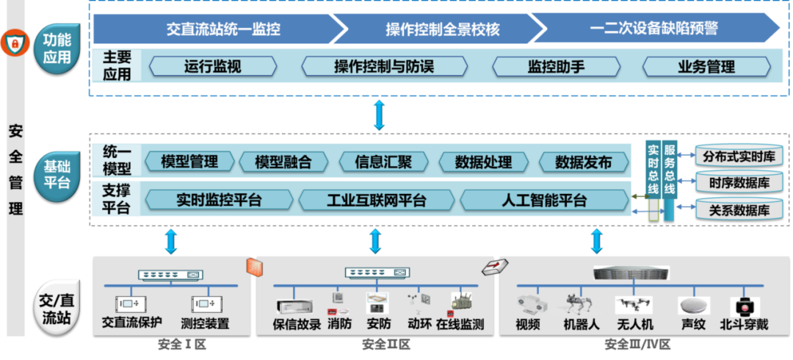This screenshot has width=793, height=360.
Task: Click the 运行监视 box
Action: [213, 67]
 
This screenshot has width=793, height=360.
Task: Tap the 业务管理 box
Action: [706, 67]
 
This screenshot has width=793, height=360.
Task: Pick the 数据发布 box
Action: [584, 162]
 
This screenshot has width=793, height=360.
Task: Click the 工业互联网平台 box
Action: [376, 200]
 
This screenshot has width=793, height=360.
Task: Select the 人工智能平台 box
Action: [544, 200]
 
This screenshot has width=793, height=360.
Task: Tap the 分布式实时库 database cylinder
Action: [739, 156]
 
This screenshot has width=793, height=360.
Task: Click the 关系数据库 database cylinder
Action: [739, 209]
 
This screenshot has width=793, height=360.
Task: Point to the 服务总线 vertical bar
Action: [669, 179]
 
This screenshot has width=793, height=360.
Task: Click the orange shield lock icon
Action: [13, 44]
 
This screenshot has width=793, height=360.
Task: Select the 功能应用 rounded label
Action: [57, 48]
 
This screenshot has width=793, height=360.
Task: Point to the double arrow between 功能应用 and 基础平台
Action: [379, 115]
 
